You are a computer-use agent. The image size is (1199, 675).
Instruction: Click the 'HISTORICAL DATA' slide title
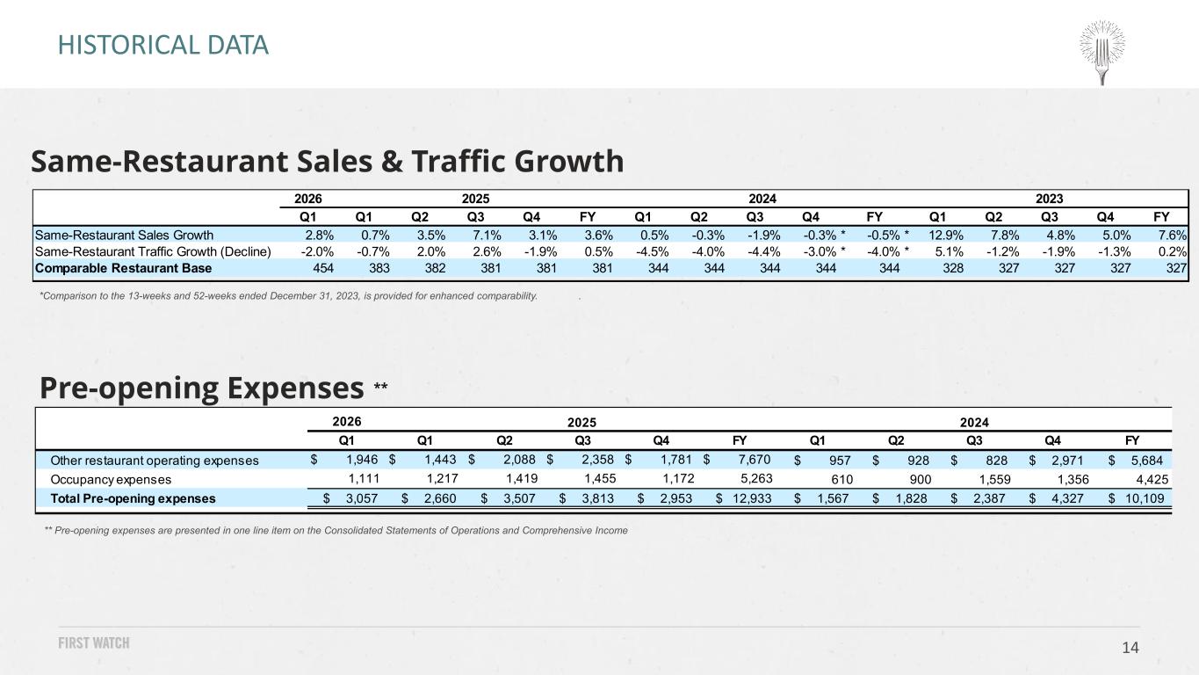[163, 45]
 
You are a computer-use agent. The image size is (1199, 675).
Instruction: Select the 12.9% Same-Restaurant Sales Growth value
[946, 236]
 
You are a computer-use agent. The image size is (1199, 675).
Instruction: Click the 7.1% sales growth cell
[487, 236]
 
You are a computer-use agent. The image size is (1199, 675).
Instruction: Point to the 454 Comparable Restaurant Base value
[323, 268]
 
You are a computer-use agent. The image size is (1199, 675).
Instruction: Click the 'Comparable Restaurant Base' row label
[124, 268]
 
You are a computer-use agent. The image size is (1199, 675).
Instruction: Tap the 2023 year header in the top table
[1049, 199]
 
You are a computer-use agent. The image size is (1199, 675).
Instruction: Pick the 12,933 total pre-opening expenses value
[752, 498]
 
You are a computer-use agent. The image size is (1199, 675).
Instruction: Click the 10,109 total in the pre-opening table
[1145, 498]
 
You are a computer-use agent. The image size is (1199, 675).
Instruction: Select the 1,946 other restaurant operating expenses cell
[363, 460]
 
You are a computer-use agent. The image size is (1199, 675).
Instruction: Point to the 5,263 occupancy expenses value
[756, 478]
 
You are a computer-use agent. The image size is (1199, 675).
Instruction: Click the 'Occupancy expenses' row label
[111, 480]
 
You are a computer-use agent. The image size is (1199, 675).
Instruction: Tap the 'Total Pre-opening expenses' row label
[133, 498]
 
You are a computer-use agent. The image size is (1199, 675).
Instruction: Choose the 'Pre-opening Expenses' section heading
[202, 388]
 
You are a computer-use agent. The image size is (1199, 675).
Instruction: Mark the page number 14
[1130, 648]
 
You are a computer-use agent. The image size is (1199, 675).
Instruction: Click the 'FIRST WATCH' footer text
[94, 642]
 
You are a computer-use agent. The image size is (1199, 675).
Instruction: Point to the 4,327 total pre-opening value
[1067, 498]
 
